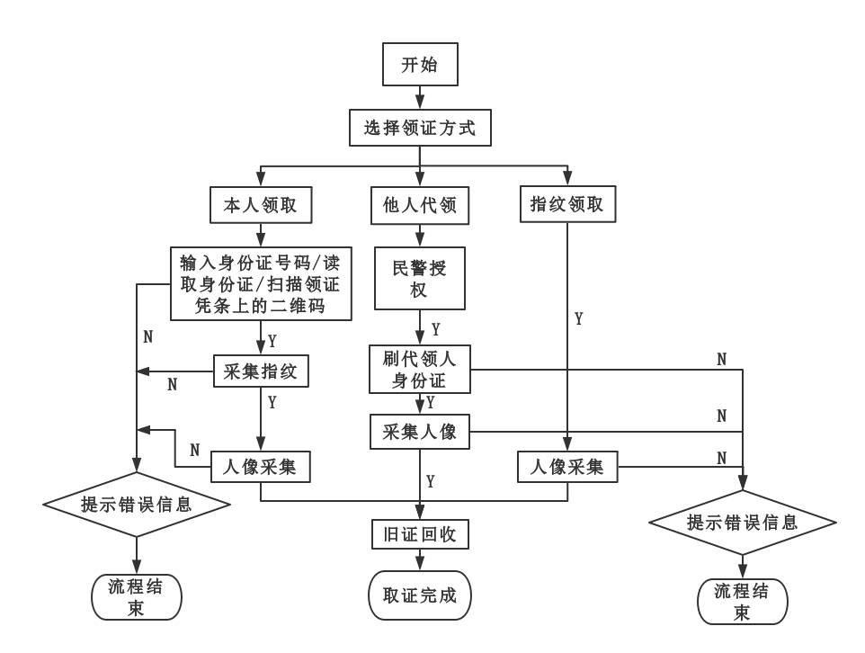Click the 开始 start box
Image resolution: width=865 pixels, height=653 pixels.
[x=420, y=66]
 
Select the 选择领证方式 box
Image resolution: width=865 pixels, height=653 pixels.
[x=420, y=129]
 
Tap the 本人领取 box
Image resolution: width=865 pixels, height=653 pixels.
[x=260, y=206]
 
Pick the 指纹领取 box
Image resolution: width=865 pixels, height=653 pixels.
[x=567, y=205]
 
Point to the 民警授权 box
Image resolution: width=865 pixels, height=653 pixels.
[x=419, y=277]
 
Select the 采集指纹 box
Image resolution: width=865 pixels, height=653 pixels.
[x=262, y=370]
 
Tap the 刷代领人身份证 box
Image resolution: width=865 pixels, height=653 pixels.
[x=419, y=369]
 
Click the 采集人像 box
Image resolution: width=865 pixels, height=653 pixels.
[x=419, y=432]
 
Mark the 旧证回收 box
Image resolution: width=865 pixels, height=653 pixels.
[x=419, y=534]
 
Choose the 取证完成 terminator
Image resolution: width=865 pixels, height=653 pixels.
[x=419, y=595]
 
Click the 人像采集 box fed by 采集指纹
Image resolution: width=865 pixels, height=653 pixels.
[x=260, y=467]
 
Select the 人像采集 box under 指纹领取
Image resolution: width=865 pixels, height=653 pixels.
[x=566, y=467]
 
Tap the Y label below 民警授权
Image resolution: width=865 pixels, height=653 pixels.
[x=436, y=329]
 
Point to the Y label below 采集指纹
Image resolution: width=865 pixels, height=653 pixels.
[x=272, y=403]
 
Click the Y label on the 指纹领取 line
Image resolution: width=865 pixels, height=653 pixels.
[x=579, y=319]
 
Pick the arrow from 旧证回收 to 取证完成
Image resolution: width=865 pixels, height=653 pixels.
[x=419, y=559]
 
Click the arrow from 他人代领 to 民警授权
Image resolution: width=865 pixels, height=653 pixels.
[x=419, y=234]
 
